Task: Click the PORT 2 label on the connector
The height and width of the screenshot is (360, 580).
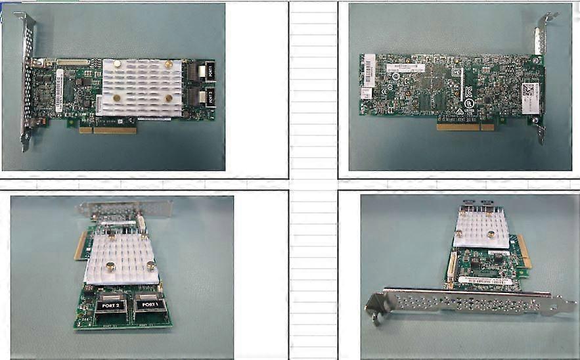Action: [110, 305]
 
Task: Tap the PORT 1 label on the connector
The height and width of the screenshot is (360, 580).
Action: [150, 305]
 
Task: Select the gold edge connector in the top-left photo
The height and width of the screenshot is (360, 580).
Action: [108, 130]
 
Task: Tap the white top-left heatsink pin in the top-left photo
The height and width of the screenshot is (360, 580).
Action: [116, 64]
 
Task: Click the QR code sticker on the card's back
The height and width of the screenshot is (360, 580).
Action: [529, 89]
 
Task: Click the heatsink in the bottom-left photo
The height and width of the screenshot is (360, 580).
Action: [122, 259]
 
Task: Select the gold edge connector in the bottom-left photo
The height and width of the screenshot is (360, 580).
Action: [81, 244]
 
